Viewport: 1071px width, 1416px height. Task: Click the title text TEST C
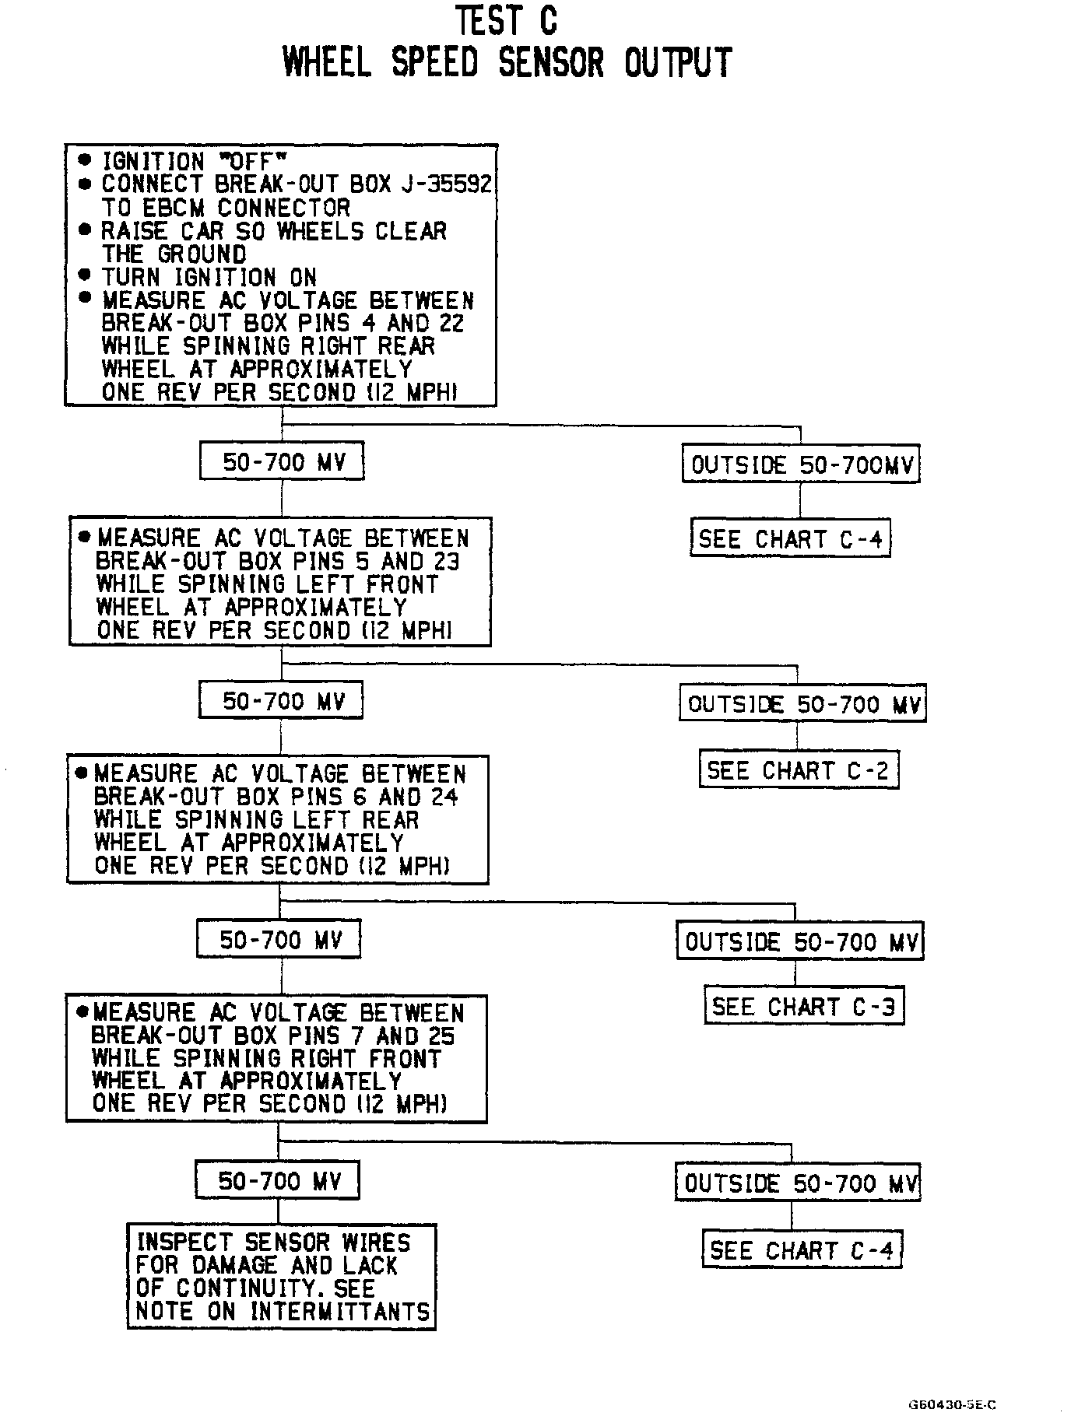[507, 21]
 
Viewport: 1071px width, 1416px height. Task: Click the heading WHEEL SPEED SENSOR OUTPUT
[507, 63]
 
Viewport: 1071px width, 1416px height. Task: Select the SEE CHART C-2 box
[799, 770]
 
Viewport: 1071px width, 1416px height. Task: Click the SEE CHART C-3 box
[804, 1007]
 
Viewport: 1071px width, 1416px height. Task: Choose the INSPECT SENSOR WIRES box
[282, 1277]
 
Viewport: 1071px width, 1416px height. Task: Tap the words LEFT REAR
[372, 820]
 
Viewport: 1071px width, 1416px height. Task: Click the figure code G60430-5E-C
[952, 1405]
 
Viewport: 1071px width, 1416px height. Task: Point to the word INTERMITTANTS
[340, 1312]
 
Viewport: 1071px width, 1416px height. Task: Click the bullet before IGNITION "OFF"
[84, 161]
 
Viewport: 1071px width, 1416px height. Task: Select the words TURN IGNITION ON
[209, 277]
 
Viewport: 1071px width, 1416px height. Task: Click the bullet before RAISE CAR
[84, 231]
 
